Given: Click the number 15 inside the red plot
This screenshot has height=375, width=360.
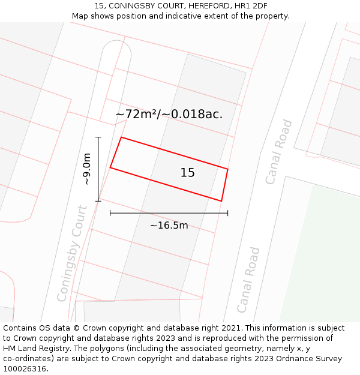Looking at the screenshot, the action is [x=187, y=173].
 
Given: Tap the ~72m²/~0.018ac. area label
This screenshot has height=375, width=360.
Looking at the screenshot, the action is [x=169, y=114].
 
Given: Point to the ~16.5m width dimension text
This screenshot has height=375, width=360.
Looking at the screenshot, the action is [x=169, y=226].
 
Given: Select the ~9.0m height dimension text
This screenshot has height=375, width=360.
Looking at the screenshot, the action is [x=87, y=169].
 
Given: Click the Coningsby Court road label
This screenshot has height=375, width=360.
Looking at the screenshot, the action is [x=73, y=253].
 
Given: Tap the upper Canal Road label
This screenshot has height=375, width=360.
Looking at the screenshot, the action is [x=279, y=152].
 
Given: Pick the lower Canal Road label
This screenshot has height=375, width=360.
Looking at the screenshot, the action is [x=248, y=280].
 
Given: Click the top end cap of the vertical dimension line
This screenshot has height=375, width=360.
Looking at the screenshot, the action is [x=98, y=137].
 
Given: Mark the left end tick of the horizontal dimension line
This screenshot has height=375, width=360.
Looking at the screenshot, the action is [x=110, y=212].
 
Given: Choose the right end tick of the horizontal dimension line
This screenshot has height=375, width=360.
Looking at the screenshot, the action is [x=227, y=212].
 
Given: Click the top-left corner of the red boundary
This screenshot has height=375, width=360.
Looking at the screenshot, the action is [x=121, y=137].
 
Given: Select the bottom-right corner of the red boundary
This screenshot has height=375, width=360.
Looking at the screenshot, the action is [x=221, y=201].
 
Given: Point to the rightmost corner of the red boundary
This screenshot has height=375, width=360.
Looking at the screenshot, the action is [x=228, y=169].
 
